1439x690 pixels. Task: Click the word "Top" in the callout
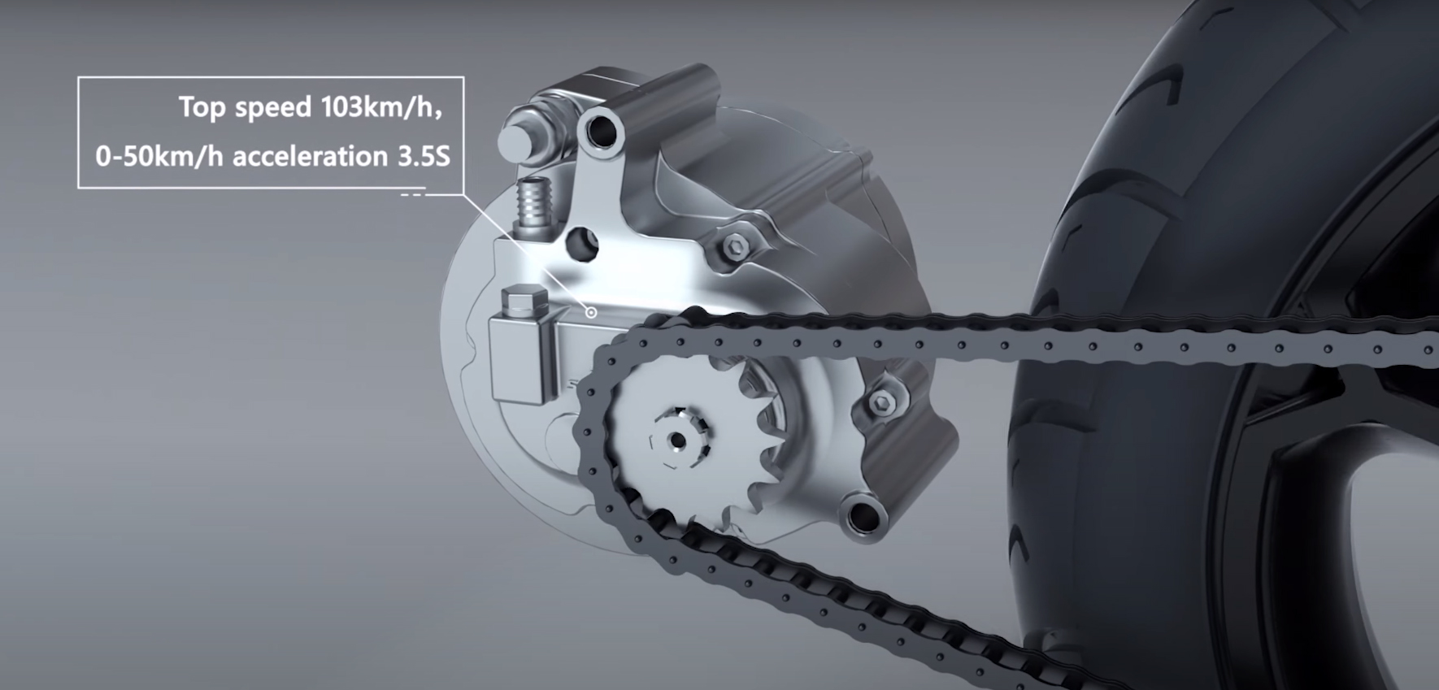coord(203,108)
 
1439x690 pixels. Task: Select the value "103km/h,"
coord(382,108)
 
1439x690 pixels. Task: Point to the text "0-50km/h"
coord(159,157)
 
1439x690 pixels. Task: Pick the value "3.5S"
coord(424,157)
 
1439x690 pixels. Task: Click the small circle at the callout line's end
coord(592,312)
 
